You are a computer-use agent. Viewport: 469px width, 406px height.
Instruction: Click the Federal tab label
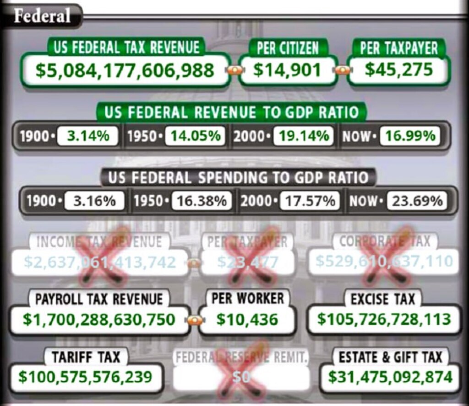tap(42, 16)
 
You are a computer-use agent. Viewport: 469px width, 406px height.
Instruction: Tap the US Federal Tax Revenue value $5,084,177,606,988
tap(125, 70)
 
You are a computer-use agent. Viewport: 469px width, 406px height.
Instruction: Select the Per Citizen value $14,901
tap(287, 70)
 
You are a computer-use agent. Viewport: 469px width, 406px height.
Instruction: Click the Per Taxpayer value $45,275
tap(398, 69)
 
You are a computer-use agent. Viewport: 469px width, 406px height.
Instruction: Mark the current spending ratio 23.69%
tap(416, 201)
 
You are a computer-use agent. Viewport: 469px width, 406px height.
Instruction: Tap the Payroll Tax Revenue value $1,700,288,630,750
tap(99, 320)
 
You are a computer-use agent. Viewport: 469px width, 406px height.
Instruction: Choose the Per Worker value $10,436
tap(247, 320)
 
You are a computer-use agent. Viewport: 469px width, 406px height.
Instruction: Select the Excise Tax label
tap(383, 299)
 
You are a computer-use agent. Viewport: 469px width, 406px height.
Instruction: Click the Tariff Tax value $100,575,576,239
tap(85, 377)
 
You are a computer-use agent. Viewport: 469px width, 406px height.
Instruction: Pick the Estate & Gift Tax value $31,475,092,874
tap(390, 377)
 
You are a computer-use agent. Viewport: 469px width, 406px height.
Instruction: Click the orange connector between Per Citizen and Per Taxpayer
tap(343, 70)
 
